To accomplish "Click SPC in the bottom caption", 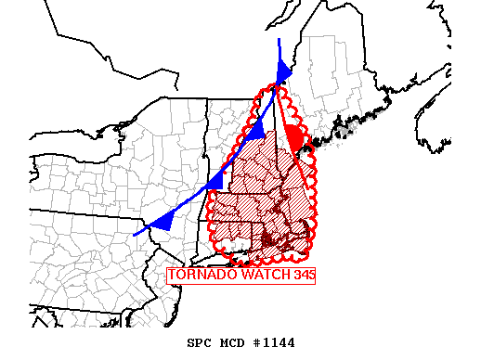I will [200, 343].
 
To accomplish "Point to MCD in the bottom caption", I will [234, 343].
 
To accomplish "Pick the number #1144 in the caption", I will [273, 343].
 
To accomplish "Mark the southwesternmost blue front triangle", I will [163, 221].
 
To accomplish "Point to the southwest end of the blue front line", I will [136, 234].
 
